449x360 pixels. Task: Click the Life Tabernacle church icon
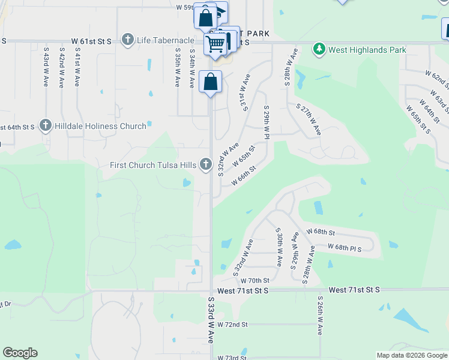[x=127, y=40]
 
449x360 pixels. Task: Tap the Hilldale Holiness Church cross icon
[x=45, y=126]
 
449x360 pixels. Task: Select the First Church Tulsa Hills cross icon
[x=206, y=164]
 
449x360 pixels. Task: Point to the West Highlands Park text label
[x=367, y=50]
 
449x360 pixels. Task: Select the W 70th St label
[x=255, y=280]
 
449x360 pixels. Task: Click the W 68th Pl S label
[x=345, y=247]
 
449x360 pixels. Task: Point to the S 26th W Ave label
[x=320, y=315]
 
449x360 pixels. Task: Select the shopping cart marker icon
[x=215, y=42]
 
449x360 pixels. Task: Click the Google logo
[x=20, y=353]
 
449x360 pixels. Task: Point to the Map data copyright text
[x=412, y=355]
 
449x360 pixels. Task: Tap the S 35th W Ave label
[x=178, y=66]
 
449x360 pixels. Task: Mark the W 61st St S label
[x=92, y=41]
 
